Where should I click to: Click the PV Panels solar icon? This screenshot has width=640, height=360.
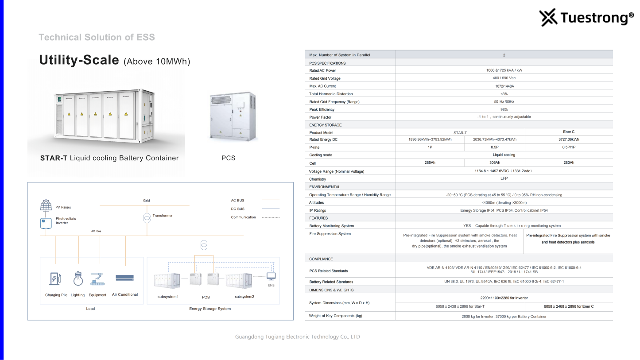pyautogui.click(x=46, y=206)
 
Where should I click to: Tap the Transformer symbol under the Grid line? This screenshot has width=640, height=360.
pyautogui.click(x=147, y=218)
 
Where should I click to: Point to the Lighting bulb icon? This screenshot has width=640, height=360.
pyautogui.click(x=78, y=278)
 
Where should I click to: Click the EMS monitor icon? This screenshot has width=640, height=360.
pyautogui.click(x=271, y=277)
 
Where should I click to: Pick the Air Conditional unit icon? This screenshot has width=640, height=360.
pyautogui.click(x=124, y=278)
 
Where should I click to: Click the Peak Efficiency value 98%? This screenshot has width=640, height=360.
pyautogui.click(x=504, y=109)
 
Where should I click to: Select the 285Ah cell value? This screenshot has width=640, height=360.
pyautogui.click(x=430, y=163)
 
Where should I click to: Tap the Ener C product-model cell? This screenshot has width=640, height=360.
pyautogui.click(x=569, y=132)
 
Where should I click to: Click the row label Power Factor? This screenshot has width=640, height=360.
pyautogui.click(x=320, y=117)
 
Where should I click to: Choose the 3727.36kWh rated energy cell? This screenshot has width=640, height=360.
pyautogui.click(x=569, y=139)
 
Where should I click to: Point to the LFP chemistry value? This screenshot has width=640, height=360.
pyautogui.click(x=504, y=179)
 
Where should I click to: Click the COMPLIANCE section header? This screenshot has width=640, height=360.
pyautogui.click(x=321, y=259)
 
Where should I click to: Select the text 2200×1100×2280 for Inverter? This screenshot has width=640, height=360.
pyautogui.click(x=504, y=298)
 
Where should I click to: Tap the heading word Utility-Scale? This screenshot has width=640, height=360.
pyautogui.click(x=79, y=60)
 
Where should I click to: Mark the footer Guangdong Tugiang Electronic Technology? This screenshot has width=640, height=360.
pyautogui.click(x=297, y=337)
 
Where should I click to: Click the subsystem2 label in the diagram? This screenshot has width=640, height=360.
pyautogui.click(x=244, y=297)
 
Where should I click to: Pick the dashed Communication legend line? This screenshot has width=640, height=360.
pyautogui.click(x=271, y=217)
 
